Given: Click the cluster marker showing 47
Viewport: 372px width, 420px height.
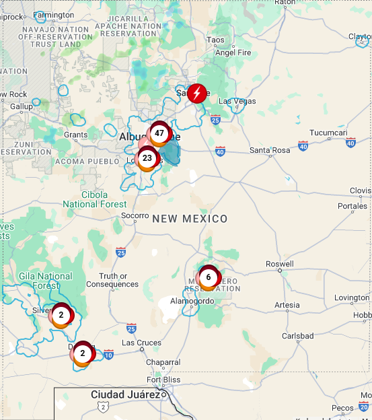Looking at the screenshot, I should click(159, 133).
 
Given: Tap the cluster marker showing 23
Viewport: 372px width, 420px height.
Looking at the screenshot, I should click(147, 158).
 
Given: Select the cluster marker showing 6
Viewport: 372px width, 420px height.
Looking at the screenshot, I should click(209, 277).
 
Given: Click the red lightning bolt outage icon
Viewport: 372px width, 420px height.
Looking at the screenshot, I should click(196, 93).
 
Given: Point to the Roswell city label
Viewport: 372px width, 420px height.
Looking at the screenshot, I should click(280, 264).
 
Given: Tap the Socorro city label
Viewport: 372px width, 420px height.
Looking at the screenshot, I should click(135, 215).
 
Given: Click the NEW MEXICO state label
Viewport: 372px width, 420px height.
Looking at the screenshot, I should click(190, 219).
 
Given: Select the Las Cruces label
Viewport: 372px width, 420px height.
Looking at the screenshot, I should click(141, 343).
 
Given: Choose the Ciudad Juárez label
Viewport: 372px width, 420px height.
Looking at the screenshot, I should click(125, 394).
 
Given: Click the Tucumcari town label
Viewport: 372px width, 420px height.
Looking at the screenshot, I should click(328, 133).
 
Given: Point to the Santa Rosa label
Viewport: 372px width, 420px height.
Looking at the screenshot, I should click(269, 149).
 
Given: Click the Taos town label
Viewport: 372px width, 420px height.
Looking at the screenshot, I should click(215, 40).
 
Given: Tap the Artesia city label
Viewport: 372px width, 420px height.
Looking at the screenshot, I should click(287, 305).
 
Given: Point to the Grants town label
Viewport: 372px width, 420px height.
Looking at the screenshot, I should click(75, 135).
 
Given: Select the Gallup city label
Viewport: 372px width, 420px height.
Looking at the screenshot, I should click(21, 106).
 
